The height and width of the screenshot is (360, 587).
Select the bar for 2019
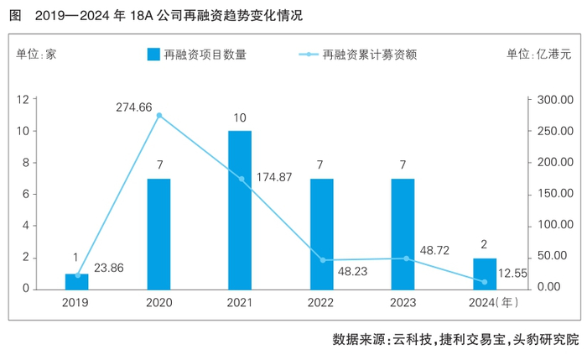click(x=77, y=281)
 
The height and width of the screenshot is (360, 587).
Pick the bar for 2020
click(x=158, y=233)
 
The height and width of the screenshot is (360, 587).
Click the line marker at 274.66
click(x=158, y=116)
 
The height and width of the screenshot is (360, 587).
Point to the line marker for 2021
click(x=241, y=179)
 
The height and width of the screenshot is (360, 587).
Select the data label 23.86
click(x=110, y=269)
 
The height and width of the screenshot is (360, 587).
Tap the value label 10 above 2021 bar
click(x=240, y=117)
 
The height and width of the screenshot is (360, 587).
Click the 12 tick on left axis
click(x=47, y=100)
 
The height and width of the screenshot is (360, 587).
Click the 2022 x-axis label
click(x=321, y=301)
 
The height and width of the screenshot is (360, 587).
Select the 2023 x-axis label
click(x=403, y=301)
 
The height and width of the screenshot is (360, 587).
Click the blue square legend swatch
click(x=153, y=55)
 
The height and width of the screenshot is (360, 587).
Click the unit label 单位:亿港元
click(x=538, y=55)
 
